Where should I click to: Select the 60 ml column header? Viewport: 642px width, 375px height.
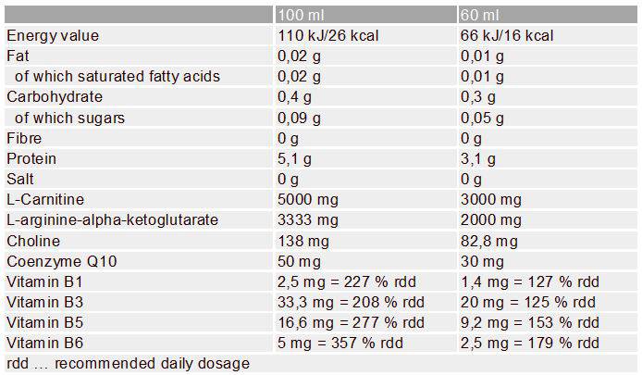(x=478, y=16)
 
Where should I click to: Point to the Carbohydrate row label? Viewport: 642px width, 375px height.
(x=55, y=97)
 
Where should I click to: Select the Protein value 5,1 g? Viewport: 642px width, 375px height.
(x=295, y=158)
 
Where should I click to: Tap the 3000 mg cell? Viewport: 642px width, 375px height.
(x=489, y=199)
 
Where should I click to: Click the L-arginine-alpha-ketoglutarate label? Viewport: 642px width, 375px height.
(x=112, y=219)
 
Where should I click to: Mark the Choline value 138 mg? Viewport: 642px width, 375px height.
(x=301, y=240)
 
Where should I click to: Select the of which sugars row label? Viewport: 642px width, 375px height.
(x=69, y=118)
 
